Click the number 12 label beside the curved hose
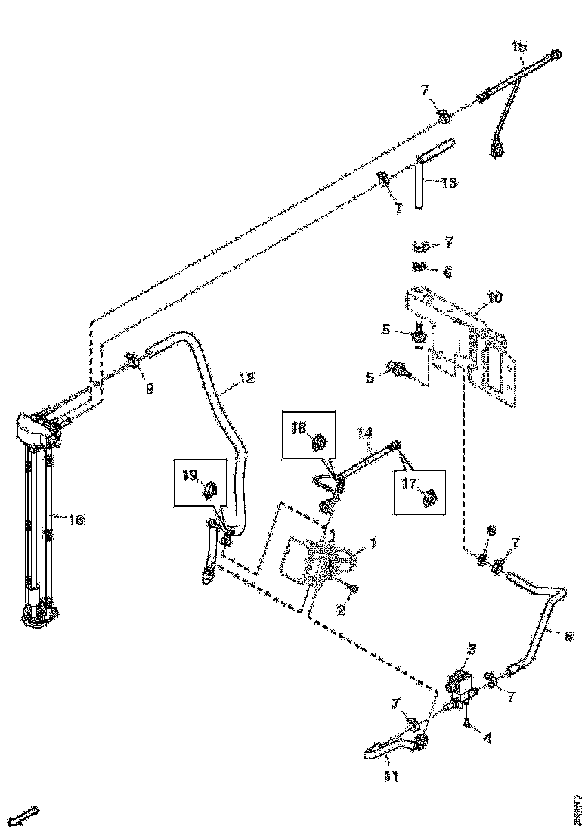point(247,378)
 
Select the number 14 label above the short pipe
point(366,433)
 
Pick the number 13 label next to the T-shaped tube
point(449,182)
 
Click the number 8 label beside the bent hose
point(568,636)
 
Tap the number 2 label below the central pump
point(341,610)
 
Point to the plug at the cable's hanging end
point(497,152)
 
